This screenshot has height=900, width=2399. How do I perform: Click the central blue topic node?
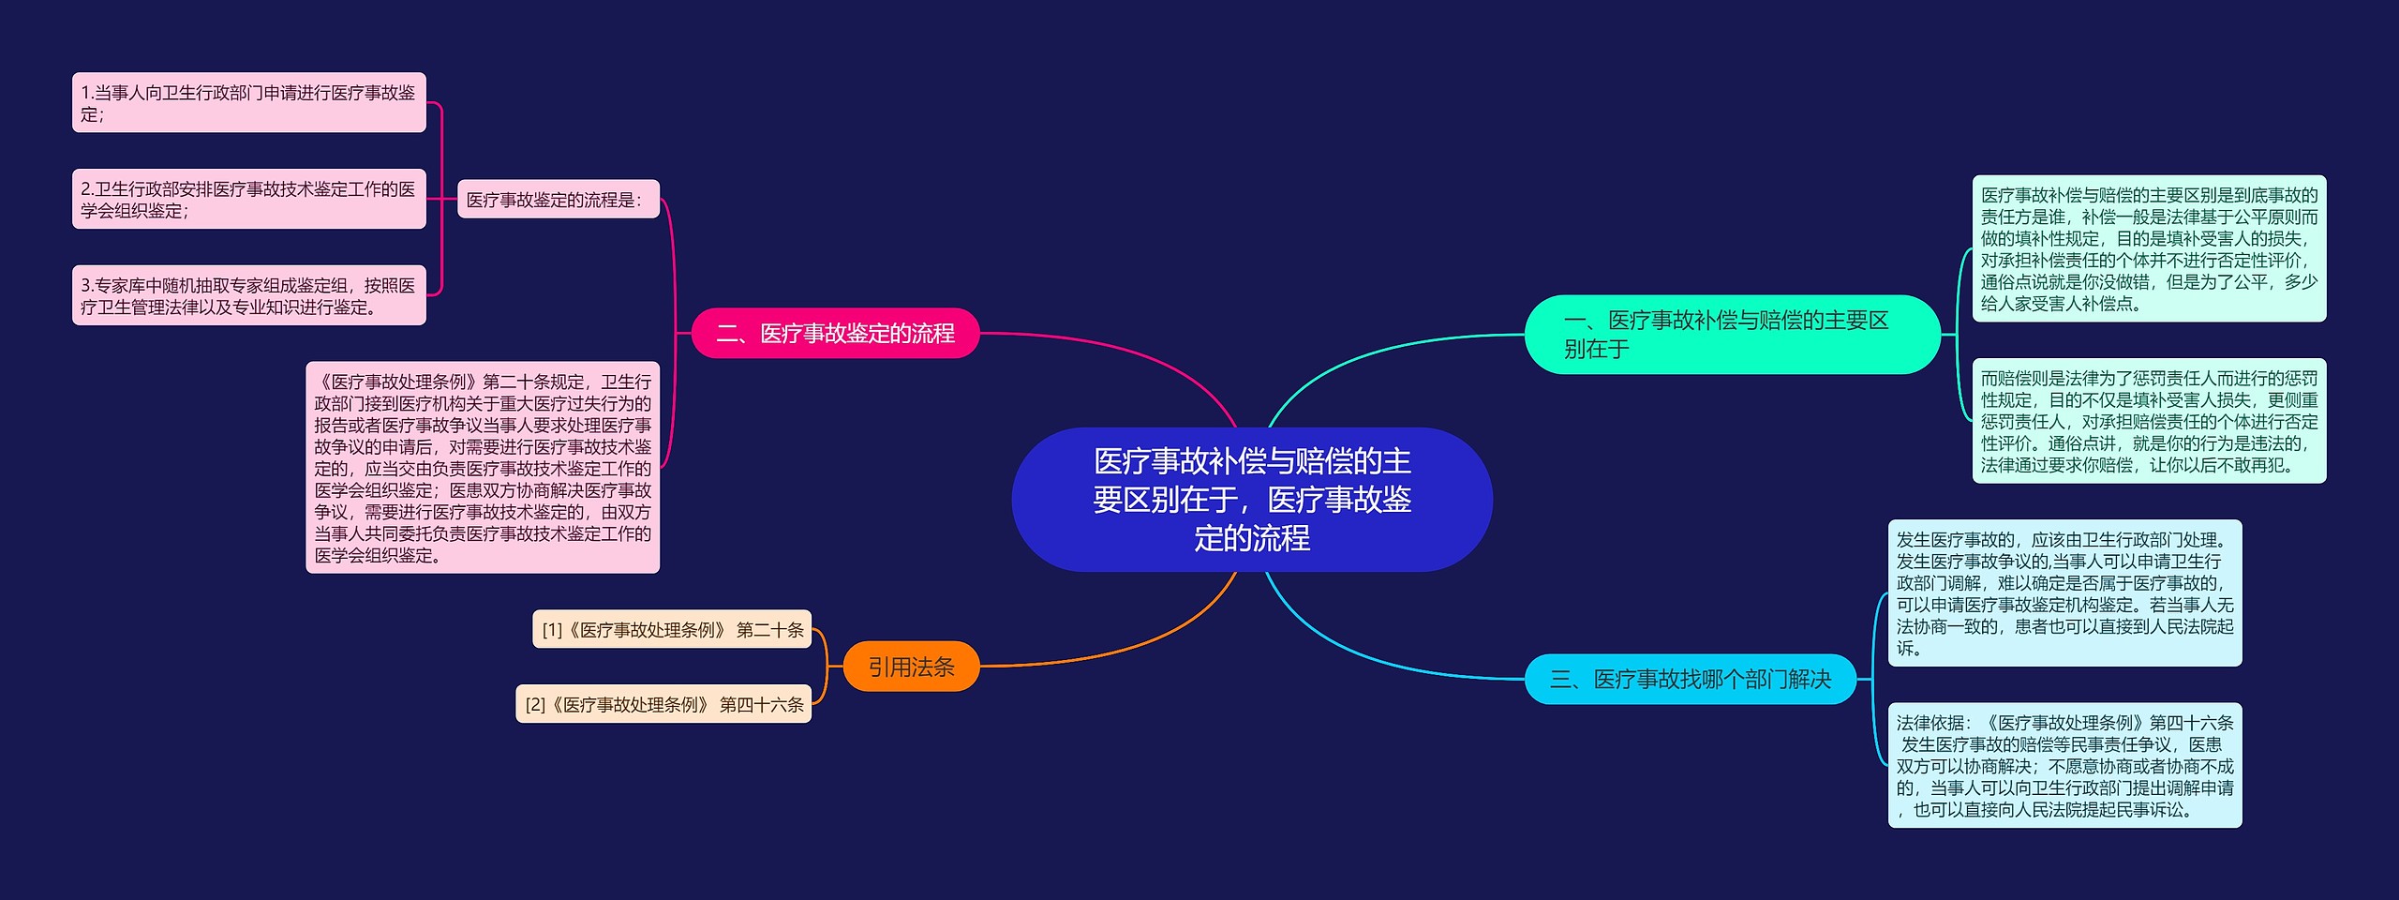[x=1252, y=500]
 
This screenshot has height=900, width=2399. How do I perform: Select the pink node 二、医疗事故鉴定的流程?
[x=835, y=333]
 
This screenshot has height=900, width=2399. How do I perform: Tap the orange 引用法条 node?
[x=911, y=667]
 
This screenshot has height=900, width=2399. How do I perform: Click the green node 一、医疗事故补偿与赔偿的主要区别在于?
[x=1732, y=335]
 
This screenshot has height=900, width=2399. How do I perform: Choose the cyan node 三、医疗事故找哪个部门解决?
[x=1691, y=679]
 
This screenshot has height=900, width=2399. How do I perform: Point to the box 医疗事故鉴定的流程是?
[x=559, y=199]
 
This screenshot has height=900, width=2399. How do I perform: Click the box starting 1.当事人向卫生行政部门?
[x=249, y=102]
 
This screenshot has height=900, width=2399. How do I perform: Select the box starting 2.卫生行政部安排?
[x=249, y=199]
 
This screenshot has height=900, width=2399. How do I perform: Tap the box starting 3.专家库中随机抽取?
[x=249, y=295]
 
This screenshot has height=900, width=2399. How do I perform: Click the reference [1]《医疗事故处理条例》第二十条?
[x=672, y=629]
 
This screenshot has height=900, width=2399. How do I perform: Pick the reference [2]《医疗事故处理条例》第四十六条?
[x=663, y=704]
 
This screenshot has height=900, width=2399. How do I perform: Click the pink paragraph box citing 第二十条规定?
[x=483, y=468]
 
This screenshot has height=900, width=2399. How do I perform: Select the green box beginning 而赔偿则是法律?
[x=2149, y=421]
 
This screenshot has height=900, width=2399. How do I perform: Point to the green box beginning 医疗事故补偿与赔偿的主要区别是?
[x=2149, y=248]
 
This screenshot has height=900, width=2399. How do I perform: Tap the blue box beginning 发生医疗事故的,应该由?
[x=2064, y=593]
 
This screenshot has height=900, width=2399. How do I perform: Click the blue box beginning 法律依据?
[x=2064, y=765]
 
